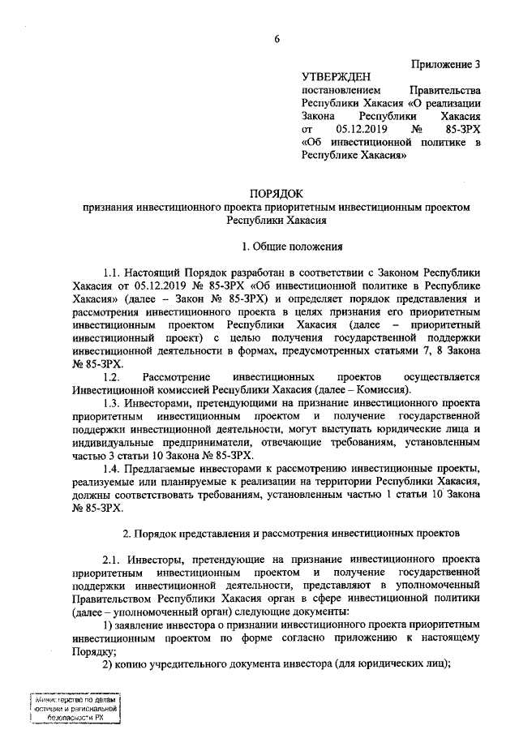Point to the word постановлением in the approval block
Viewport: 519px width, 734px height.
[x=340, y=89]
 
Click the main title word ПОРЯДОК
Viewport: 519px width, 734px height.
[x=276, y=194]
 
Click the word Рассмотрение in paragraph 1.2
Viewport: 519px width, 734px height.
[x=177, y=377]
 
